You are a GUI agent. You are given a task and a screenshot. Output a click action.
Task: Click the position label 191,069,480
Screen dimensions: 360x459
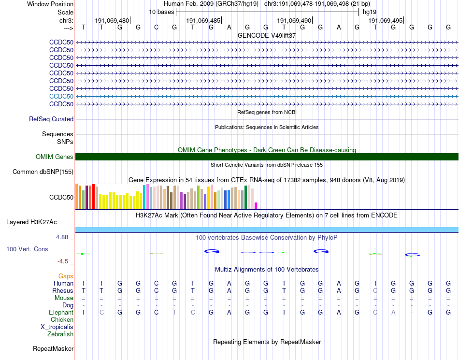112,21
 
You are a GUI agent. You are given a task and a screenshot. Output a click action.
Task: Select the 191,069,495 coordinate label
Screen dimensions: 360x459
385,21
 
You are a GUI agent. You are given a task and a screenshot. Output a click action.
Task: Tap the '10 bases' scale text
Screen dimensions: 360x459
161,12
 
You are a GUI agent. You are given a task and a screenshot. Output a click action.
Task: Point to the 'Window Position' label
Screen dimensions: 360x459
50,4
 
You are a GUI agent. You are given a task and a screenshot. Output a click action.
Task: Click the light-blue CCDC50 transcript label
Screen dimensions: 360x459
61,96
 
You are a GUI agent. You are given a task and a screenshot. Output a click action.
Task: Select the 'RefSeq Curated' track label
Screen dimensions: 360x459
51,119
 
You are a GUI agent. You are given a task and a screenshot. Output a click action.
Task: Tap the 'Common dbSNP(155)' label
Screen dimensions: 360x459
43,172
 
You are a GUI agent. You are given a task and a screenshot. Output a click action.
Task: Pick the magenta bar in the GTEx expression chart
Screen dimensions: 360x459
256,205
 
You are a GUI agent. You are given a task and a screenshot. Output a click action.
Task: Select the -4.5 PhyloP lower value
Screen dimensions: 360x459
63,261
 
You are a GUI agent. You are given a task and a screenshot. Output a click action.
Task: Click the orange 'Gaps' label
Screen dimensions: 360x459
66,276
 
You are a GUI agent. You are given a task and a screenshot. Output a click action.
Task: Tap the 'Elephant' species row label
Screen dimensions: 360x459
61,313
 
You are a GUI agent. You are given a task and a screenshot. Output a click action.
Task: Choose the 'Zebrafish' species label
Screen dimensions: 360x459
60,334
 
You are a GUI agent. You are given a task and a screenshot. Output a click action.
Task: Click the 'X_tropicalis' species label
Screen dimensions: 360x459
57,327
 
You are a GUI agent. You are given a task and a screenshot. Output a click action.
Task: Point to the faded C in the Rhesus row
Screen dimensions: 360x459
375,291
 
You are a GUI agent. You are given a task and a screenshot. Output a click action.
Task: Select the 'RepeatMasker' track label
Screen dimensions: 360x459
53,348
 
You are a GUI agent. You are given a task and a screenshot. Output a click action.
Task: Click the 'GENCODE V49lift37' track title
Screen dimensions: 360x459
267,35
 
